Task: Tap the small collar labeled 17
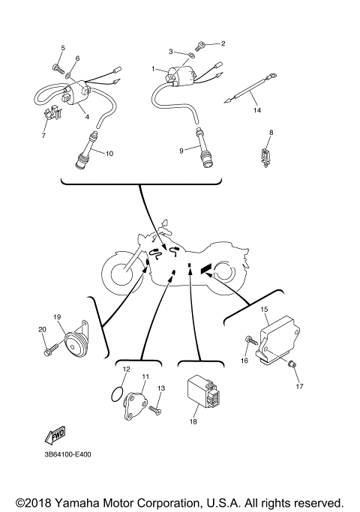coord(293,364)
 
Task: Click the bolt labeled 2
coord(203,47)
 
